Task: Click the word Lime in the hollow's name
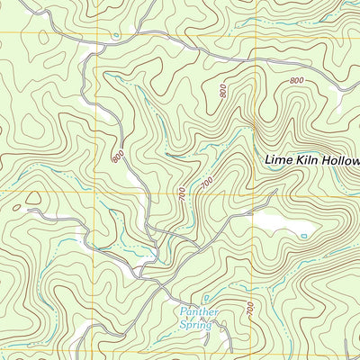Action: pos(279,160)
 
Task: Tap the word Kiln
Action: pos(308,160)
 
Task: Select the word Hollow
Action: pos(341,160)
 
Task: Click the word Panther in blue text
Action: pos(199,311)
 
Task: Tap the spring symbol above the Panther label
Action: pos(206,298)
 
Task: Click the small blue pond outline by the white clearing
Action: pos(303,236)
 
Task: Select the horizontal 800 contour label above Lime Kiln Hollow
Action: pos(297,82)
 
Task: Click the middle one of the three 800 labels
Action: pos(221,91)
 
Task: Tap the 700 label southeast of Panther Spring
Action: pos(249,309)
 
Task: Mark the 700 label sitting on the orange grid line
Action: pos(183,192)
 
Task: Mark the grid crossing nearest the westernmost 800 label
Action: pos(94,192)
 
